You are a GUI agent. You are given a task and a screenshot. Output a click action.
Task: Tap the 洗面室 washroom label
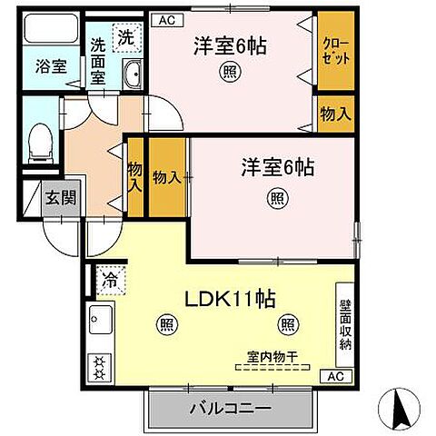pos(98,60)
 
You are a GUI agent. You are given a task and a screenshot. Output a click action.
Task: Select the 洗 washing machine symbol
pos(128,38)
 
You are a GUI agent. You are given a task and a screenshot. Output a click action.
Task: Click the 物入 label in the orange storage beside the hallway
pos(166,176)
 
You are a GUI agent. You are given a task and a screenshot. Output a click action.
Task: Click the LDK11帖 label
pos(232,298)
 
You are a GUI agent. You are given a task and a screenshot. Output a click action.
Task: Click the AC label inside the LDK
pos(335,375)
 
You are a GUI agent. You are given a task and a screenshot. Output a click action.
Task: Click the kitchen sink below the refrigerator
pos(99,319)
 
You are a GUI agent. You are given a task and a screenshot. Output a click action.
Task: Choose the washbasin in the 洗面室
pos(133,75)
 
